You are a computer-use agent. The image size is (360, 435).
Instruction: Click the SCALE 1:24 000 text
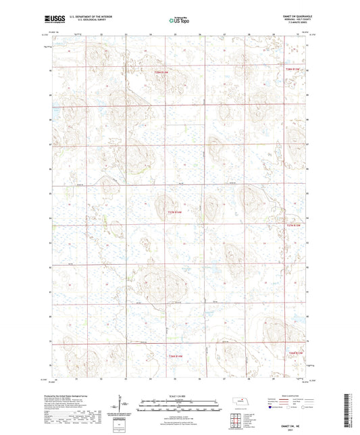coord(180,396)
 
